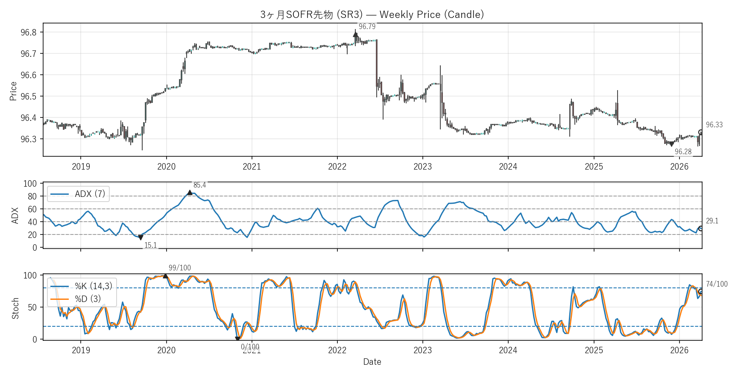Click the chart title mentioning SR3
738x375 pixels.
tap(372, 15)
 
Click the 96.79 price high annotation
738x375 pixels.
tap(367, 26)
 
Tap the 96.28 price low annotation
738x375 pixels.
tap(683, 152)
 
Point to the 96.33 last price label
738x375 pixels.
tap(714, 125)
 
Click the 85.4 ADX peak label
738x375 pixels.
tap(199, 185)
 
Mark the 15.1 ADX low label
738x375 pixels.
tap(150, 245)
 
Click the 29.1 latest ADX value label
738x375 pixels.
tap(712, 221)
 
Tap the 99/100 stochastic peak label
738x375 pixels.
tap(179, 268)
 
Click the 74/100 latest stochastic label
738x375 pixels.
tap(717, 284)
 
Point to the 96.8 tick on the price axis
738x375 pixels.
tap(29, 32)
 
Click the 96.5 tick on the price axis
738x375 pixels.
tap(29, 97)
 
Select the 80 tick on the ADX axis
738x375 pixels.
tap(32, 196)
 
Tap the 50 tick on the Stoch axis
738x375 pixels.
tap(32, 308)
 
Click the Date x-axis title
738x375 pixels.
tap(372, 362)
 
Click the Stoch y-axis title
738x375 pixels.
tap(15, 308)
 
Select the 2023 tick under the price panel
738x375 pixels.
tap(422, 167)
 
